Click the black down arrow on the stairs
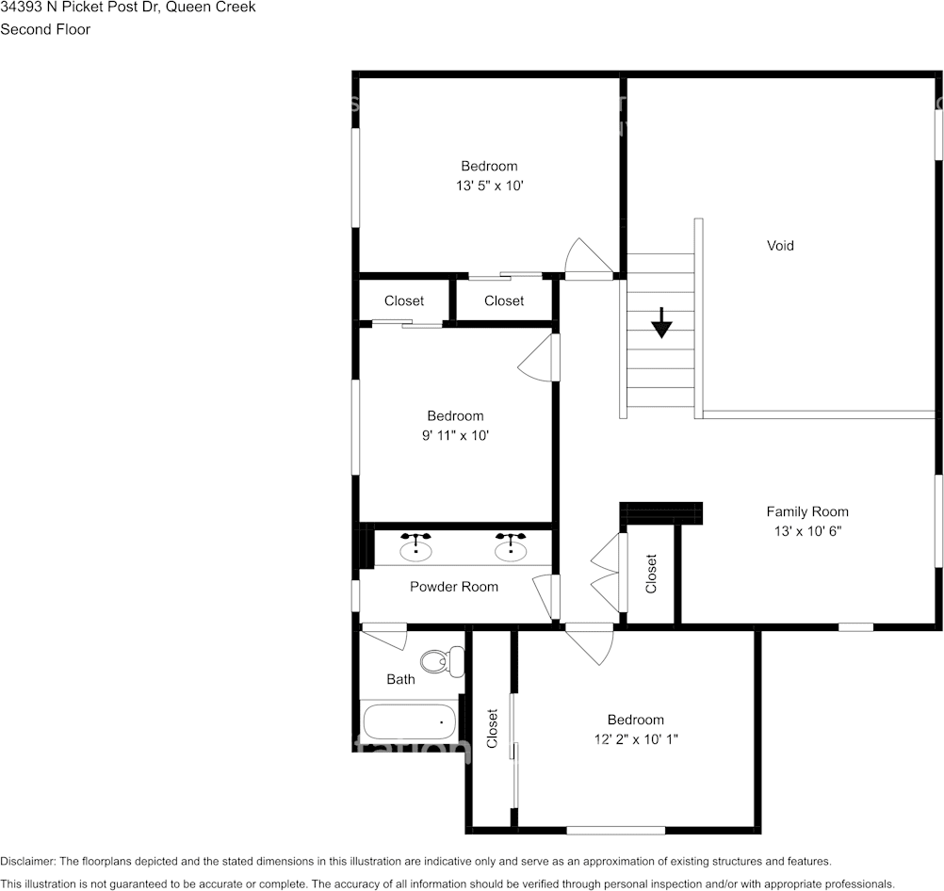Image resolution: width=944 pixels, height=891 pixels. [662, 323]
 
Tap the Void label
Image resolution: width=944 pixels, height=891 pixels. [780, 246]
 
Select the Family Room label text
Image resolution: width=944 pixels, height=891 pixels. [806, 512]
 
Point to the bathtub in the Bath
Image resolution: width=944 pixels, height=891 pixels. [409, 722]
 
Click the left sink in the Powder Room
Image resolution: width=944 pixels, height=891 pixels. [415, 547]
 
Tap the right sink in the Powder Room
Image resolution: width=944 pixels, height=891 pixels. [511, 547]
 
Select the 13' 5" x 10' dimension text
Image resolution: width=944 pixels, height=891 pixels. [489, 186]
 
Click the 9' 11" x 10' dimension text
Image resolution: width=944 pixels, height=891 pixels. [455, 436]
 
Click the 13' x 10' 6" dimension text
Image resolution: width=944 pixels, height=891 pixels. [806, 531]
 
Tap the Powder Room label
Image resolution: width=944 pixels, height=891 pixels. [453, 587]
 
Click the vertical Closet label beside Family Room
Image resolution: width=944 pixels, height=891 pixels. [651, 574]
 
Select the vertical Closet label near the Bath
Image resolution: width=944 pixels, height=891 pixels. [492, 728]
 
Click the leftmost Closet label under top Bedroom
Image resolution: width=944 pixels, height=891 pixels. [403, 301]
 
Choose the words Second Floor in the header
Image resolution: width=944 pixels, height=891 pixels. [45, 29]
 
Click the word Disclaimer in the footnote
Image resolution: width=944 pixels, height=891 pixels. [28, 862]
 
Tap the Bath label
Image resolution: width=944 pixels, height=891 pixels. [400, 679]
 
